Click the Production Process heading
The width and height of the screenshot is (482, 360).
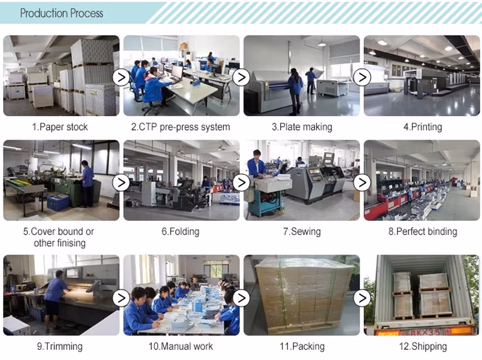point(61,13)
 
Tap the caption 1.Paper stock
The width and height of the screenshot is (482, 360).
point(60,127)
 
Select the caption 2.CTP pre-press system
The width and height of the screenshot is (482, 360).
point(180,127)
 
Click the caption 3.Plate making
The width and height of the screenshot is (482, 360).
point(302,127)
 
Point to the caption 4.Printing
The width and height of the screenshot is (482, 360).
point(423,127)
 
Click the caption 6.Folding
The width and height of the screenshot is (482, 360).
point(180,231)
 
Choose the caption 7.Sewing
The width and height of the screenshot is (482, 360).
point(302,231)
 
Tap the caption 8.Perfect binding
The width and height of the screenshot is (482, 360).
point(423,231)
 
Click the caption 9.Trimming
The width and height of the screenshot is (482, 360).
point(60,346)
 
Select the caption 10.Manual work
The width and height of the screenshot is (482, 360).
point(180,346)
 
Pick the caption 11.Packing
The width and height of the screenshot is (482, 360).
point(302,346)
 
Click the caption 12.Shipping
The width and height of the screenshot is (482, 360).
point(423,346)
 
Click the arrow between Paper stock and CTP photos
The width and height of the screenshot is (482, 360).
point(121,78)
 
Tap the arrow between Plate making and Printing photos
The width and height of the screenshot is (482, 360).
point(362,78)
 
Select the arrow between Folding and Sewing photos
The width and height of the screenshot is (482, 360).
point(242,182)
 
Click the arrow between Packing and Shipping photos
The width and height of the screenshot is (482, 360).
point(362,298)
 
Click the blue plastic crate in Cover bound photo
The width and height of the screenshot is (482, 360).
point(58,203)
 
